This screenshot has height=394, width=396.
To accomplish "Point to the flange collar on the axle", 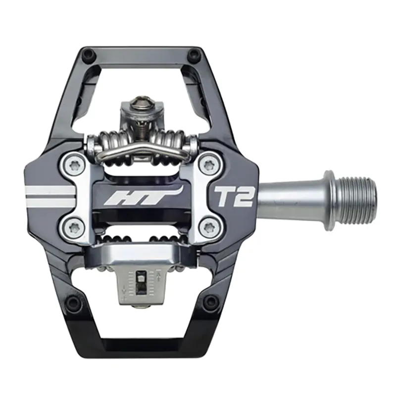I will coord(328,200).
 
